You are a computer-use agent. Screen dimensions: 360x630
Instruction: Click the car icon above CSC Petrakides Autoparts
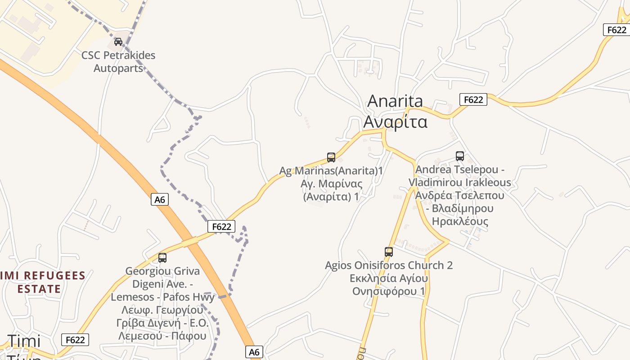point(118,42)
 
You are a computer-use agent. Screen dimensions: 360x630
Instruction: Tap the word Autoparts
point(118,68)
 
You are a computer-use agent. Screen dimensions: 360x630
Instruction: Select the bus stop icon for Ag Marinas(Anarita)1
point(331,157)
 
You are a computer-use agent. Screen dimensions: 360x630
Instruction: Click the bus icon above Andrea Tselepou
point(460,156)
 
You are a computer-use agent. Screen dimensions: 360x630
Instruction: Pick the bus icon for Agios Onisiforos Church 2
point(389,252)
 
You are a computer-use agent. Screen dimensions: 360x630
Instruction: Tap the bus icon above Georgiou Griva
point(162,258)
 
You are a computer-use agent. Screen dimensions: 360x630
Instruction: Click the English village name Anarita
point(395,101)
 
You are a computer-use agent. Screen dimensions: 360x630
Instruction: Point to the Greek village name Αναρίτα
point(395,121)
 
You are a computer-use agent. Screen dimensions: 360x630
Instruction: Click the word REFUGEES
point(54,275)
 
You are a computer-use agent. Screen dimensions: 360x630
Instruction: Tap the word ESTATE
point(39,289)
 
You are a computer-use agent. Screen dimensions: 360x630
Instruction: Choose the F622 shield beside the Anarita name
point(473,99)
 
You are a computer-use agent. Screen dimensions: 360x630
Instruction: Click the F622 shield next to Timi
point(75,340)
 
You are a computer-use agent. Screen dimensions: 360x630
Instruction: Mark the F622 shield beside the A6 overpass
point(221,226)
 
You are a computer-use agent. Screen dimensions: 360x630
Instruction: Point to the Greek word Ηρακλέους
point(460,221)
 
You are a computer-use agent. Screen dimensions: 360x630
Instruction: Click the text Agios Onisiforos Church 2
point(389,265)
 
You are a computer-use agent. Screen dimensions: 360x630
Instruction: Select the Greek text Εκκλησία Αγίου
point(389,278)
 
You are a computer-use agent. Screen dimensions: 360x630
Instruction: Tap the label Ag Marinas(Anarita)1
point(331,171)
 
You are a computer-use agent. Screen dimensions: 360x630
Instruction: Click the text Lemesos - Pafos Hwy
point(162,297)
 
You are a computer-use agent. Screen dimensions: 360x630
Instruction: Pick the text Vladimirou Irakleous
point(460,182)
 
